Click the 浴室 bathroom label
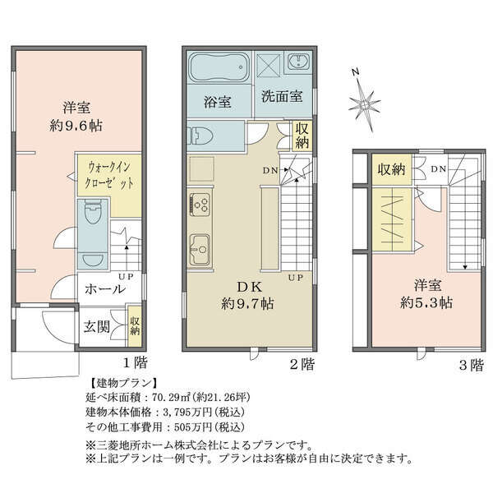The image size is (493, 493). (x=218, y=102)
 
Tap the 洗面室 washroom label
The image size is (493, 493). (x=282, y=96)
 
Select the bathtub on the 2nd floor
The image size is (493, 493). (x=219, y=67)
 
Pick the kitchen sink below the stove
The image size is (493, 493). (x=200, y=250)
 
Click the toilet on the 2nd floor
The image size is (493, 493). (x=200, y=136)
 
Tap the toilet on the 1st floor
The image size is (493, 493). (x=92, y=212)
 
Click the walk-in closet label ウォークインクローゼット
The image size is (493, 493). (x=108, y=175)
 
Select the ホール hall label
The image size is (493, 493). (x=105, y=289)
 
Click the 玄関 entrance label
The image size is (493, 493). (x=97, y=327)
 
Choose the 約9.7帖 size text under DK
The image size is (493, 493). (x=247, y=304)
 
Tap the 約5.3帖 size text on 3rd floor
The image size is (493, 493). (x=426, y=302)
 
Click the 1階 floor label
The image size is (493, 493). (x=135, y=363)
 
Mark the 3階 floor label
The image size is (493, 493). (x=471, y=366)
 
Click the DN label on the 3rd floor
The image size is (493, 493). (x=438, y=169)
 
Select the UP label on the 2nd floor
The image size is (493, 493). (x=296, y=278)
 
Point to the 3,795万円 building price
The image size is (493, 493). (x=190, y=412)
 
